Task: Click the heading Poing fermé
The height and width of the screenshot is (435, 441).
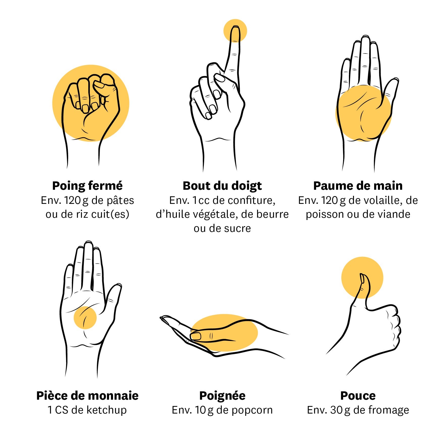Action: click(87, 186)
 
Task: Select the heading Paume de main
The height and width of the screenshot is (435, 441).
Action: click(358, 186)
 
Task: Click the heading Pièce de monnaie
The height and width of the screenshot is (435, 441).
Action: click(87, 396)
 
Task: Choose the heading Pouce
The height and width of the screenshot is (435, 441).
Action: click(358, 396)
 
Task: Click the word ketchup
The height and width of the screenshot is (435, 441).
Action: click(106, 410)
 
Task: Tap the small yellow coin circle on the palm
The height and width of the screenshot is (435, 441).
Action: click(85, 318)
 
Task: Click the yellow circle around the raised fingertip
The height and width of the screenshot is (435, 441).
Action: click(235, 31)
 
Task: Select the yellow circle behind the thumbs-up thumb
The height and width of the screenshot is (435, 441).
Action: click(362, 278)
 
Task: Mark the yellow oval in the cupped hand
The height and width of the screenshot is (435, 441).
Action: click(224, 333)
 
